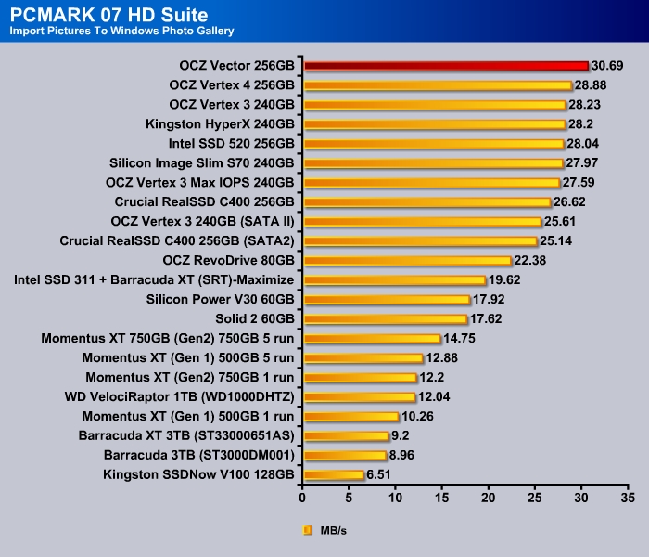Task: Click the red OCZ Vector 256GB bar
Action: click(445, 66)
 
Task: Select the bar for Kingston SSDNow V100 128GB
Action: click(333, 474)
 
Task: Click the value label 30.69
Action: click(608, 66)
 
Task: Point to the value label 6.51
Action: click(381, 474)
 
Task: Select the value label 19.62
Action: click(506, 279)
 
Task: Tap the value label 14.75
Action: click(461, 339)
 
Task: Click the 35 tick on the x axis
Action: click(629, 497)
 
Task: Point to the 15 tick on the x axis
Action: click(442, 497)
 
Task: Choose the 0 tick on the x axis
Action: click(302, 497)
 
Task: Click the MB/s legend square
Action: click(307, 531)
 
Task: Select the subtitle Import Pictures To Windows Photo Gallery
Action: click(121, 32)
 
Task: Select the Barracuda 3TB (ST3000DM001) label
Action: click(199, 456)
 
